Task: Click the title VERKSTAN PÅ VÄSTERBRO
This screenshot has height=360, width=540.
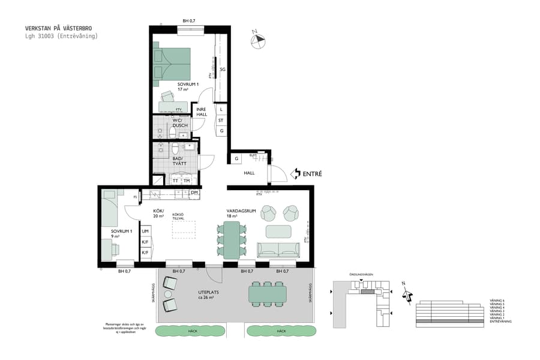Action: click(58, 28)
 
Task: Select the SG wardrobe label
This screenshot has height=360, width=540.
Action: click(222, 70)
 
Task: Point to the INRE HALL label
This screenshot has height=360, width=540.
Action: click(202, 112)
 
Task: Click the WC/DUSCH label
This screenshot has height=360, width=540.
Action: click(180, 122)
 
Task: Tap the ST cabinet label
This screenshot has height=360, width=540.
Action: click(221, 121)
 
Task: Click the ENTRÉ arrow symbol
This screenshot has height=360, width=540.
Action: click(295, 173)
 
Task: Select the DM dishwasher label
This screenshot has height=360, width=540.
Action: click(194, 193)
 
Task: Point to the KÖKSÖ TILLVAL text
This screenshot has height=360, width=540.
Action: click(178, 217)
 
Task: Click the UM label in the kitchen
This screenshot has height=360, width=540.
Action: click(145, 231)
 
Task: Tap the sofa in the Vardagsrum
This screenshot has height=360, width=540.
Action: click(278, 250)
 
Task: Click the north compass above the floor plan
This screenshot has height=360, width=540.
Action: click(258, 40)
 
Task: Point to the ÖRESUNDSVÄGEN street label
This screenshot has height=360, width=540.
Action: click(362, 275)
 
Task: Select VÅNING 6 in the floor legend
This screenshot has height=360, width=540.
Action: click(497, 300)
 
